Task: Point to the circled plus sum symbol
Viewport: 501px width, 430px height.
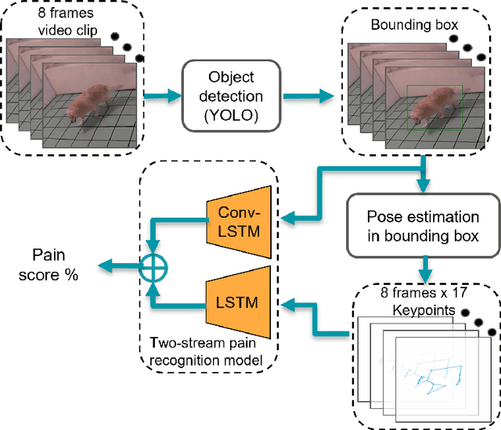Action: [153, 269]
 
